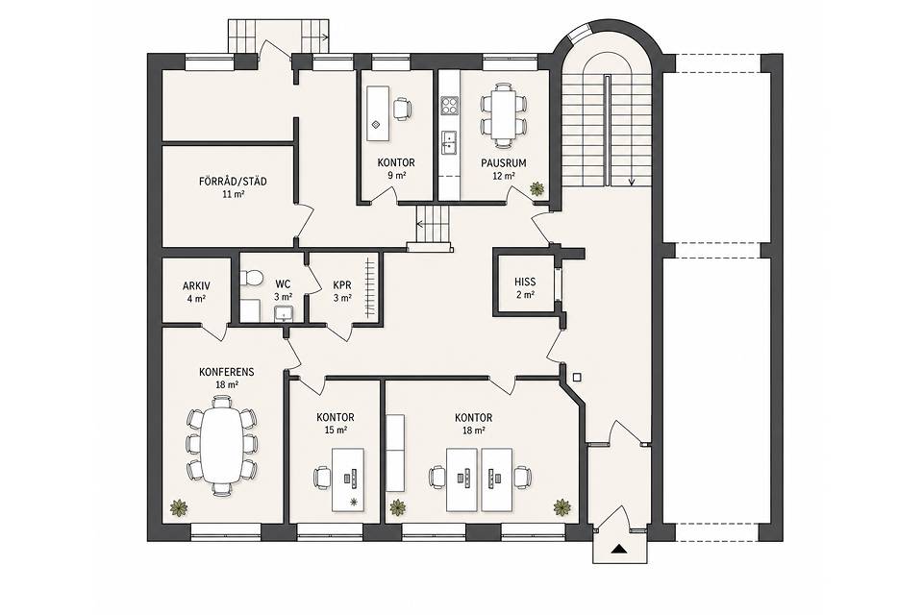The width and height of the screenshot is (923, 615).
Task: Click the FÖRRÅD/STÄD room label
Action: point(233,182)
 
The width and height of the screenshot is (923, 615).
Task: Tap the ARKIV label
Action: point(196,286)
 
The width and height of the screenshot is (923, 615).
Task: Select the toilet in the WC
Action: point(250,277)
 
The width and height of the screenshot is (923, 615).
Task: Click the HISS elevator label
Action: point(525,282)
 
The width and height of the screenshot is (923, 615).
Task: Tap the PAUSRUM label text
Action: point(503,163)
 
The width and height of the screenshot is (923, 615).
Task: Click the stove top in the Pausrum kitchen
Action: point(450,106)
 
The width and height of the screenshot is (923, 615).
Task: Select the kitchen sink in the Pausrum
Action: point(450,141)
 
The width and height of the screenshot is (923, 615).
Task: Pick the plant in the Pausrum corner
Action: point(536,189)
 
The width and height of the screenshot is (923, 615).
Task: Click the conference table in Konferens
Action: point(221,446)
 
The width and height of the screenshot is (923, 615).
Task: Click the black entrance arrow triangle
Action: point(618,550)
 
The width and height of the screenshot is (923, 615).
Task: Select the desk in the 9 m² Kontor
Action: point(377,113)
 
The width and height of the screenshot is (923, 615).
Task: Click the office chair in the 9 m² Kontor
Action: point(402,109)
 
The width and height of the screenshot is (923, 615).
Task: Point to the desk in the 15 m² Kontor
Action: point(348,480)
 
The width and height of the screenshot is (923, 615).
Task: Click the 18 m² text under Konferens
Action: point(227,385)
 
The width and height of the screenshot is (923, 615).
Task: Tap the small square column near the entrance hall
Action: point(577,378)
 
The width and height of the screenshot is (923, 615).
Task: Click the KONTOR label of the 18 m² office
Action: point(473,418)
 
